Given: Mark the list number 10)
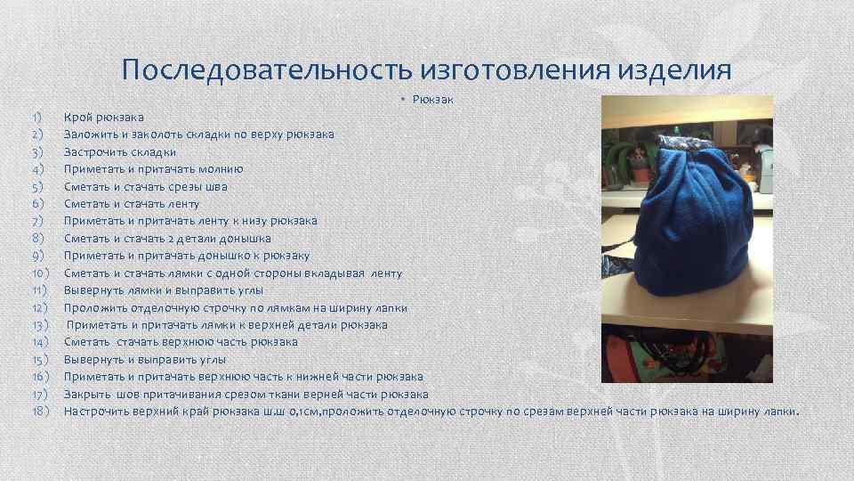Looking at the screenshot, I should [x=39, y=273].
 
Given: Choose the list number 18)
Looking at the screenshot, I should [x=39, y=412].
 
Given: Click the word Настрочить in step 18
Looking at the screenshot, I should [x=96, y=412].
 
